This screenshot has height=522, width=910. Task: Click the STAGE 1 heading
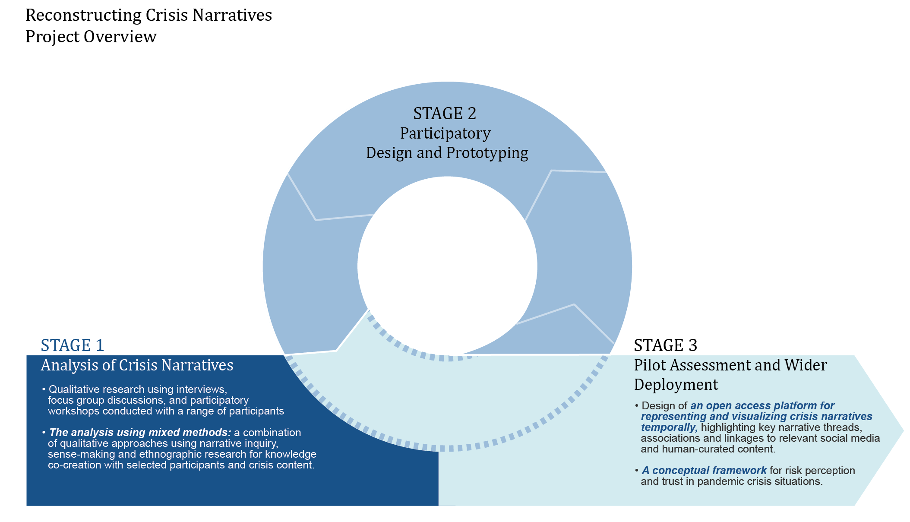tap(73, 345)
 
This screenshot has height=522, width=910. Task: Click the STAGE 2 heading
tap(445, 114)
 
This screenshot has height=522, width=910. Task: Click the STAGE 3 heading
tap(665, 345)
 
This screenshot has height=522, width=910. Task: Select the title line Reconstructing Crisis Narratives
tap(149, 15)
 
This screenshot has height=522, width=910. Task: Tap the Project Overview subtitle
tap(91, 37)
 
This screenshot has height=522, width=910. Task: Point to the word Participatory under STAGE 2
tap(445, 133)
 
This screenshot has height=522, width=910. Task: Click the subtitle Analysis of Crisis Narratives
tap(137, 365)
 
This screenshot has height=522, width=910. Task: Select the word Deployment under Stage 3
tap(676, 385)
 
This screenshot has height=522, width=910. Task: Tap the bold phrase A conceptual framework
tap(704, 471)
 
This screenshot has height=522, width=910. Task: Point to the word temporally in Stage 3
tap(669, 427)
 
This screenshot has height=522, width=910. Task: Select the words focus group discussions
tap(107, 400)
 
